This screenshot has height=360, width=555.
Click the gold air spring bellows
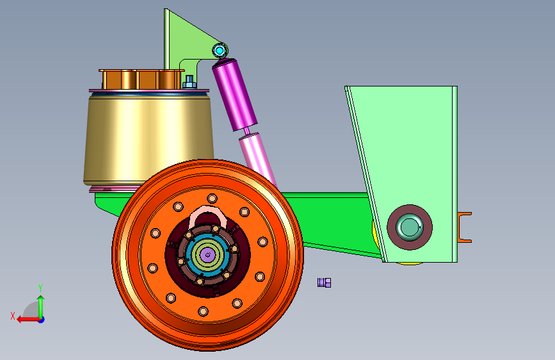149,138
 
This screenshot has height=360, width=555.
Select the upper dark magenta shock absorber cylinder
234,95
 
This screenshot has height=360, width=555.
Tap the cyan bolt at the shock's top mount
220,51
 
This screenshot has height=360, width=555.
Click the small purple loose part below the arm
324,282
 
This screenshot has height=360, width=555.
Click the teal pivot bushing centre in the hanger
409,227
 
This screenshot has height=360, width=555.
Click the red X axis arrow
28,320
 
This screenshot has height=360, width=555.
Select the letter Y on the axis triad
40,288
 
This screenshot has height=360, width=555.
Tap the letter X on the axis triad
13,316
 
